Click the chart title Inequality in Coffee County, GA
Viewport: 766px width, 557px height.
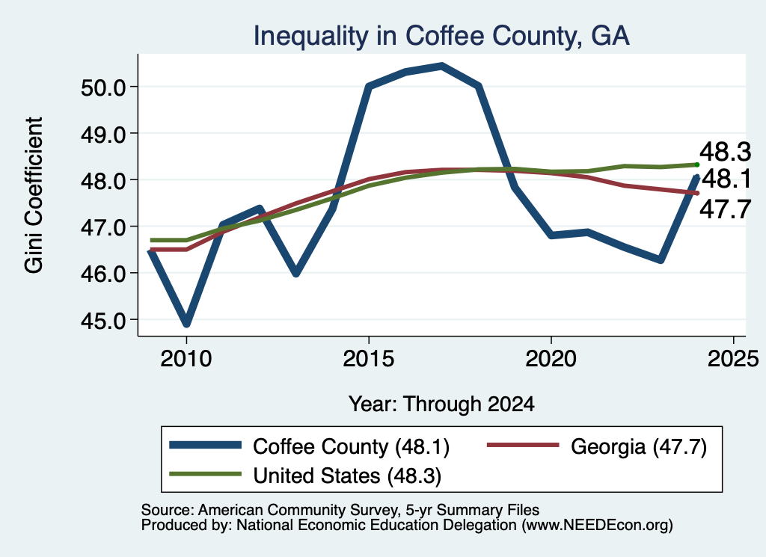point(441,36)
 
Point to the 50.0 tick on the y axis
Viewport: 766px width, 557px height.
point(102,87)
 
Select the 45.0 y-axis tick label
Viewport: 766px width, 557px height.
point(102,320)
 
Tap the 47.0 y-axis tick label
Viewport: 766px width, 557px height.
point(102,227)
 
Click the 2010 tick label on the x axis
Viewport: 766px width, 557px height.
point(186,359)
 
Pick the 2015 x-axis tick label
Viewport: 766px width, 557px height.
point(368,359)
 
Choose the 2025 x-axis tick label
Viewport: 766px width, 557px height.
point(733,359)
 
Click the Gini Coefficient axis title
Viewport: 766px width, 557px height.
point(34,195)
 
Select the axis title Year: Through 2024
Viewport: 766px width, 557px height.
point(441,404)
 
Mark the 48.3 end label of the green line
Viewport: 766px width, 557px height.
point(725,152)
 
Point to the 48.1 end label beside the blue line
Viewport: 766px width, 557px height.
point(725,179)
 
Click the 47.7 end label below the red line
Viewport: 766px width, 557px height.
point(725,210)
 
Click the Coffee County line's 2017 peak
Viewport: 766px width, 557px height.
point(441,66)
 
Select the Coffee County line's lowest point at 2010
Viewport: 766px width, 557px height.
point(186,323)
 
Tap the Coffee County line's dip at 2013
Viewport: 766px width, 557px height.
point(295,273)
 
